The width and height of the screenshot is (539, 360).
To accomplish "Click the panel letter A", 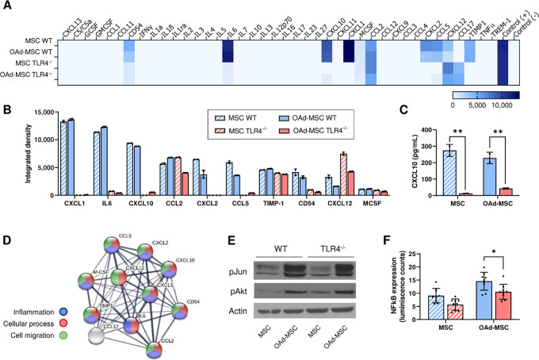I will click(6, 6).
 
